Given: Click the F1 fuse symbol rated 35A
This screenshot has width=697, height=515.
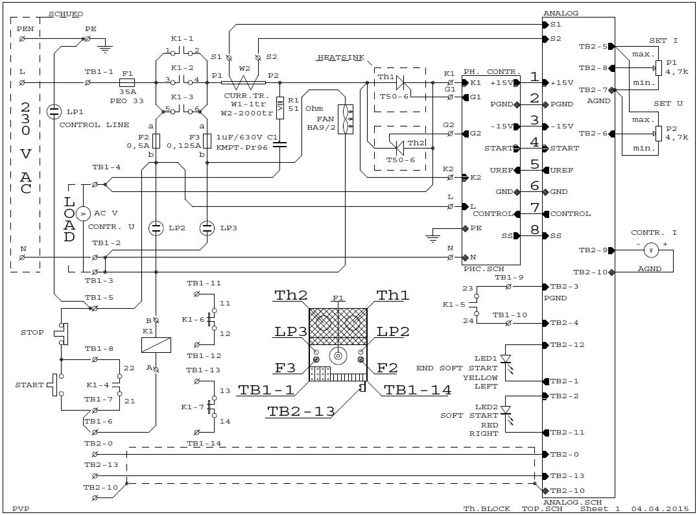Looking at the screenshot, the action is tap(128, 83).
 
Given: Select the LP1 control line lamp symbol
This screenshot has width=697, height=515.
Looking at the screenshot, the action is tap(54, 111).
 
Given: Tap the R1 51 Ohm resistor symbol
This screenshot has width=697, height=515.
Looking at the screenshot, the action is tap(279, 108).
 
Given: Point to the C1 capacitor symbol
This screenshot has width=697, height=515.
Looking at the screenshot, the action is tap(279, 144).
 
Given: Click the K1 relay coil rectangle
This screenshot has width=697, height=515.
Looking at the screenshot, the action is tap(156, 345).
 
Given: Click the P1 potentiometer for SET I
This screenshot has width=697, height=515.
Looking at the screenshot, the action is tap(658, 68).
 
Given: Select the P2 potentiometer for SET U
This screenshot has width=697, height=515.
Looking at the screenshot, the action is tap(658, 134).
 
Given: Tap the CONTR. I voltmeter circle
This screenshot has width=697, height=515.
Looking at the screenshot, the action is tap(651, 251).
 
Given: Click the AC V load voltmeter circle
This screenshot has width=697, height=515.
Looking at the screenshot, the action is tap(83, 214).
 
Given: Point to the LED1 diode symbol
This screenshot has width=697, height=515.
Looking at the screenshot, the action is tap(506, 359).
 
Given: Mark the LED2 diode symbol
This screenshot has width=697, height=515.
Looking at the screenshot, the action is tap(506, 411).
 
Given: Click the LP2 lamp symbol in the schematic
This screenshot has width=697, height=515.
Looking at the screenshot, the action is tap(156, 228).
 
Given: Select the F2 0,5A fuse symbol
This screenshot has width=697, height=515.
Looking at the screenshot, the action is tap(156, 141).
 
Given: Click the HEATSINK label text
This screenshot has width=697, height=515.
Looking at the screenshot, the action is tap(341, 57).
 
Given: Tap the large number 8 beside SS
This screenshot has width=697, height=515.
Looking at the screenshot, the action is tap(535, 230).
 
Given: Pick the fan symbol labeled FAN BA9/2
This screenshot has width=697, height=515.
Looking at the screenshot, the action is tap(346, 119).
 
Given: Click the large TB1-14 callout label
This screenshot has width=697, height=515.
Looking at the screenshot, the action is tap(418, 390).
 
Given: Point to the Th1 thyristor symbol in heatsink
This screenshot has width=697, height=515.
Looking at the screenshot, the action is tap(400, 83).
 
